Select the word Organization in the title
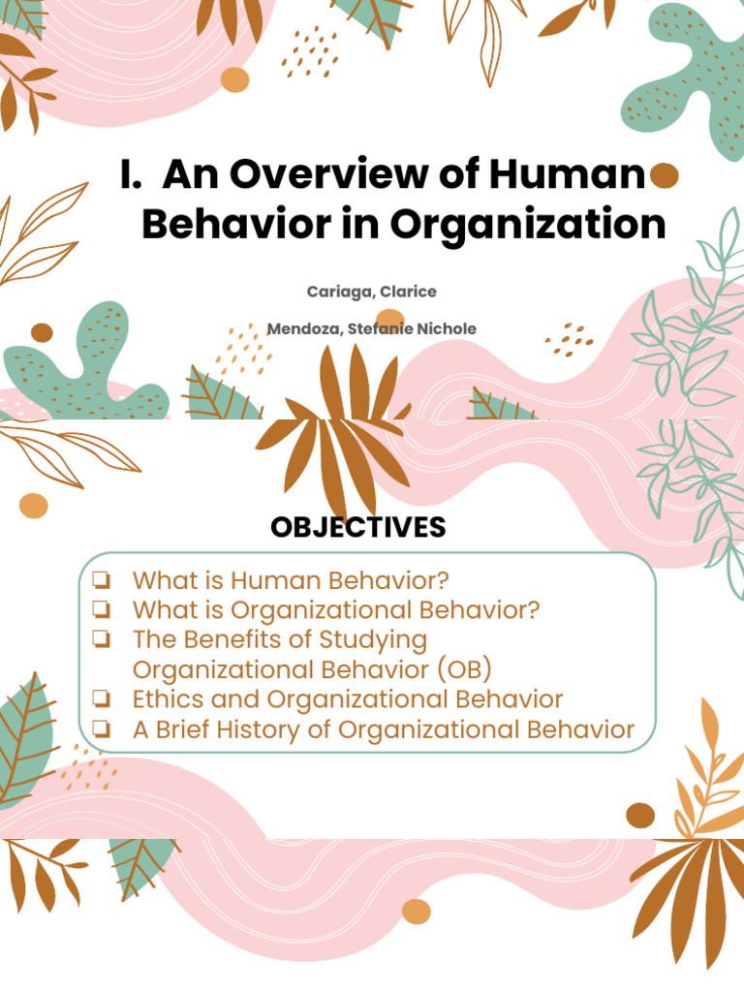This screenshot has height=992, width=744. point(529,224)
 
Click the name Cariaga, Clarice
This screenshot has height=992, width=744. point(372,292)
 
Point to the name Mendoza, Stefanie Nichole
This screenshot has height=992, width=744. point(372,328)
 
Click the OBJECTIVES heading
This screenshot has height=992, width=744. point(358,527)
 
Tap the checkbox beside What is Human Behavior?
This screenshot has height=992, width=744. point(101,580)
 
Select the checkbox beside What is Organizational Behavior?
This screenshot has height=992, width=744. point(101,610)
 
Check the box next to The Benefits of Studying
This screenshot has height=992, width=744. point(101,639)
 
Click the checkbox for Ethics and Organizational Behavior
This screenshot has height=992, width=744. point(101,699)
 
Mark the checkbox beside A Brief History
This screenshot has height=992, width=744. point(101,729)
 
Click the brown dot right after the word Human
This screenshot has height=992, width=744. point(664,177)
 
